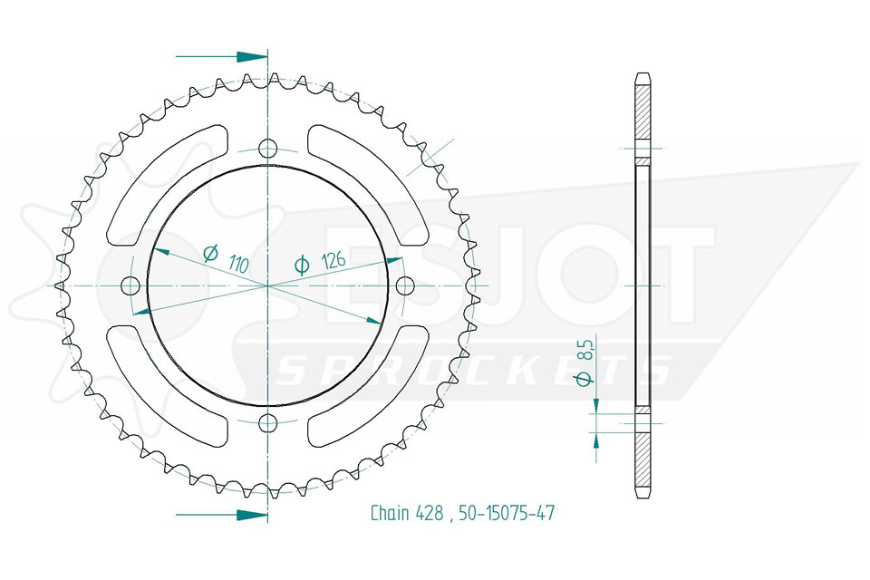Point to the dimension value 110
coord(238,264)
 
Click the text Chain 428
coord(407,513)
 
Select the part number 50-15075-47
coord(507,513)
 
